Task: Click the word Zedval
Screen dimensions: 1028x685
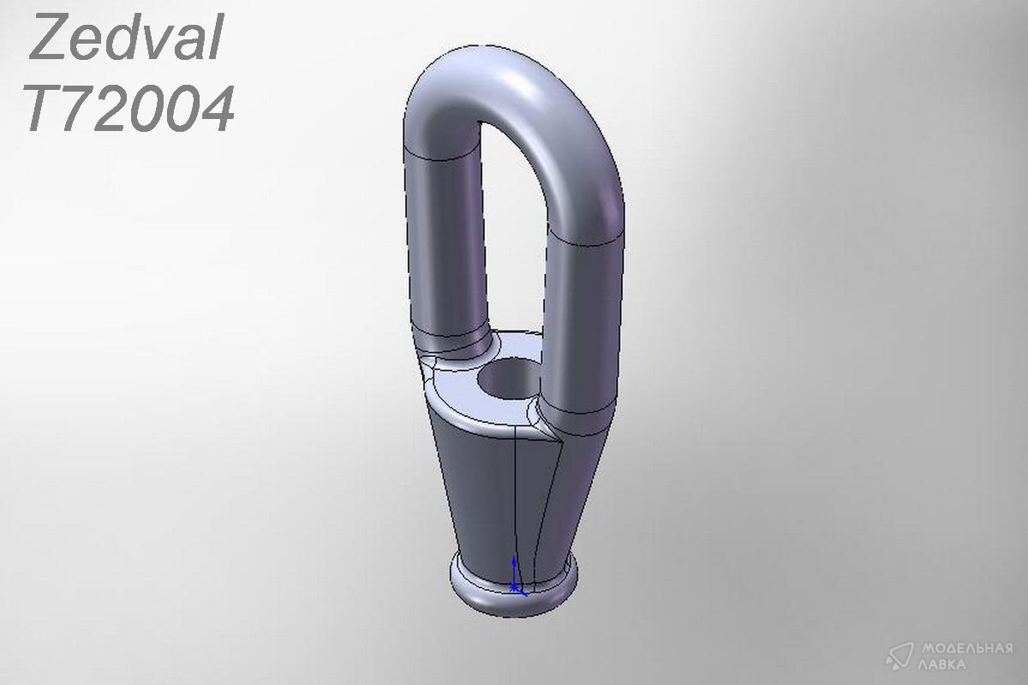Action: coord(126,37)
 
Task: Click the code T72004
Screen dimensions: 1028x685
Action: coord(129,110)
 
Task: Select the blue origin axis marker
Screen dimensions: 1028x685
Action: coord(517,577)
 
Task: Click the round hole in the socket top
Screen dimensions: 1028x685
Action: coord(509,378)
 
